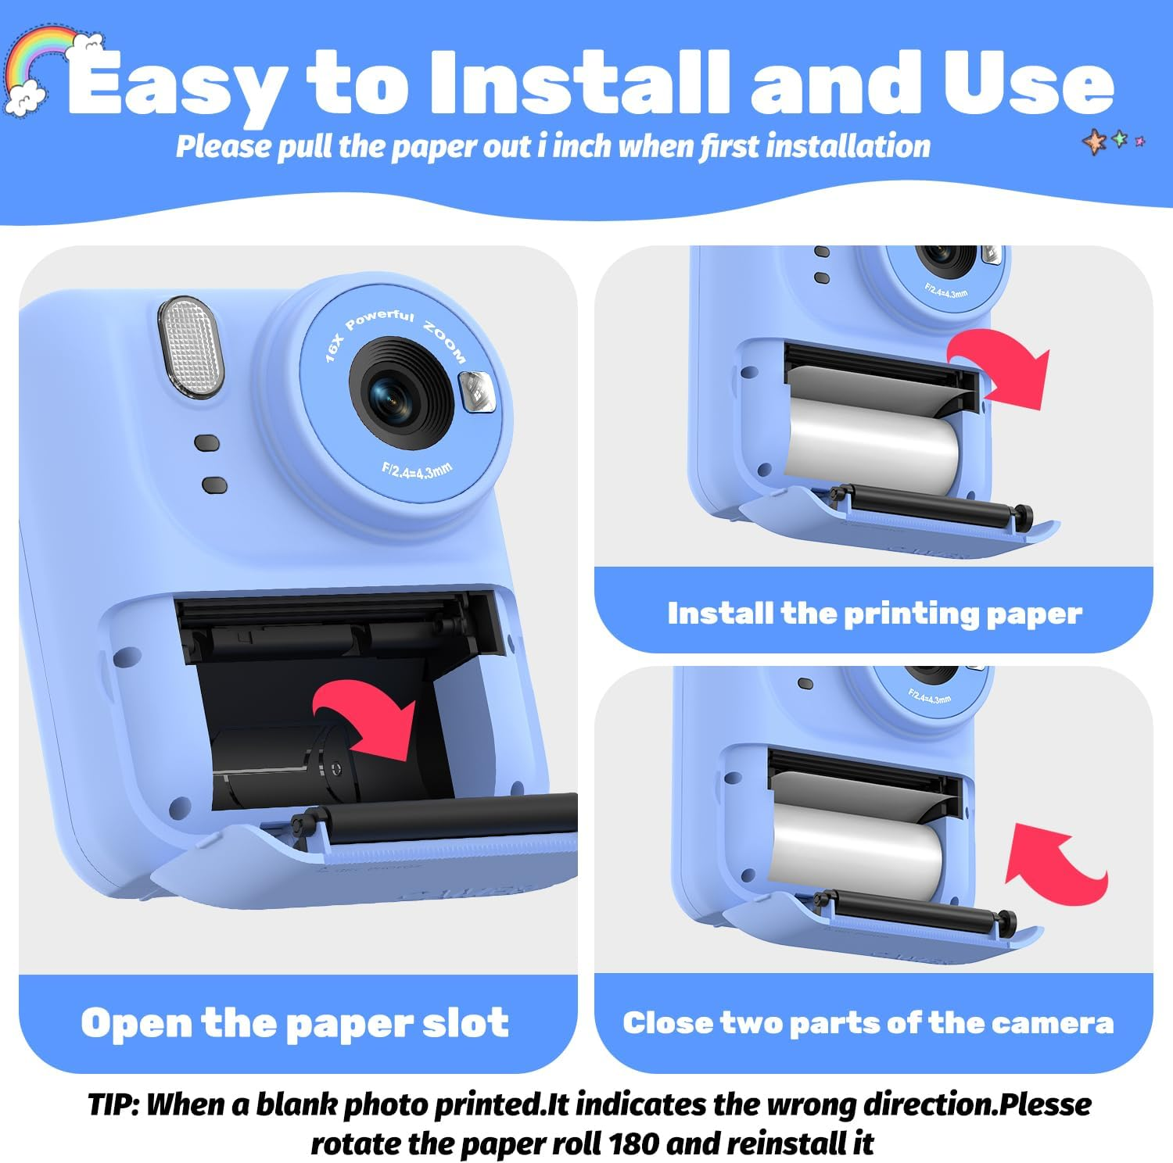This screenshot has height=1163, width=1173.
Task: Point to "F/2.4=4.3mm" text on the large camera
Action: pos(417,471)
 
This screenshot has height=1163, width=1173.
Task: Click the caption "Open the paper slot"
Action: pos(295,1023)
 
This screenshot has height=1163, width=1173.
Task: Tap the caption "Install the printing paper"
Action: pos(874,614)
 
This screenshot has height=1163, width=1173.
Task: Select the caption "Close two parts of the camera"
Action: pos(868,1023)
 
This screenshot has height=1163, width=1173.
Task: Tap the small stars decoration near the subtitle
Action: pos(1114,141)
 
